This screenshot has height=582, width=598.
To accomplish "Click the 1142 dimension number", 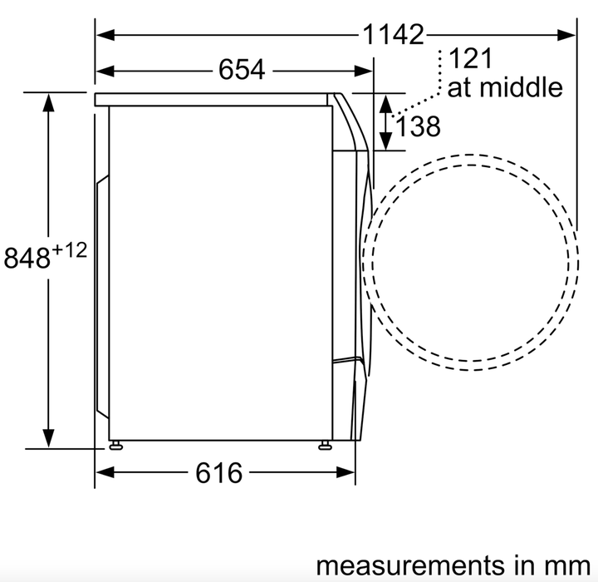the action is [x=393, y=35].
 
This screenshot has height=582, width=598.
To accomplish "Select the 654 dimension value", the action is [x=242, y=70].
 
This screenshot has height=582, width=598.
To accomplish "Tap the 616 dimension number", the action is [x=219, y=473].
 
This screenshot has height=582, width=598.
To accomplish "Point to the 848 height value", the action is [x=27, y=258].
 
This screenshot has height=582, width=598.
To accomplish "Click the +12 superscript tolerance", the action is [x=70, y=251].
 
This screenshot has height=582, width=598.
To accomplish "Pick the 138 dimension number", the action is [x=419, y=126].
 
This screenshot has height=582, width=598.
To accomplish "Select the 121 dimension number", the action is [x=471, y=58].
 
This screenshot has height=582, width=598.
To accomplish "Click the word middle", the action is [x=521, y=87].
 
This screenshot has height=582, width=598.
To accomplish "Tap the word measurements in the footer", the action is [x=410, y=565].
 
